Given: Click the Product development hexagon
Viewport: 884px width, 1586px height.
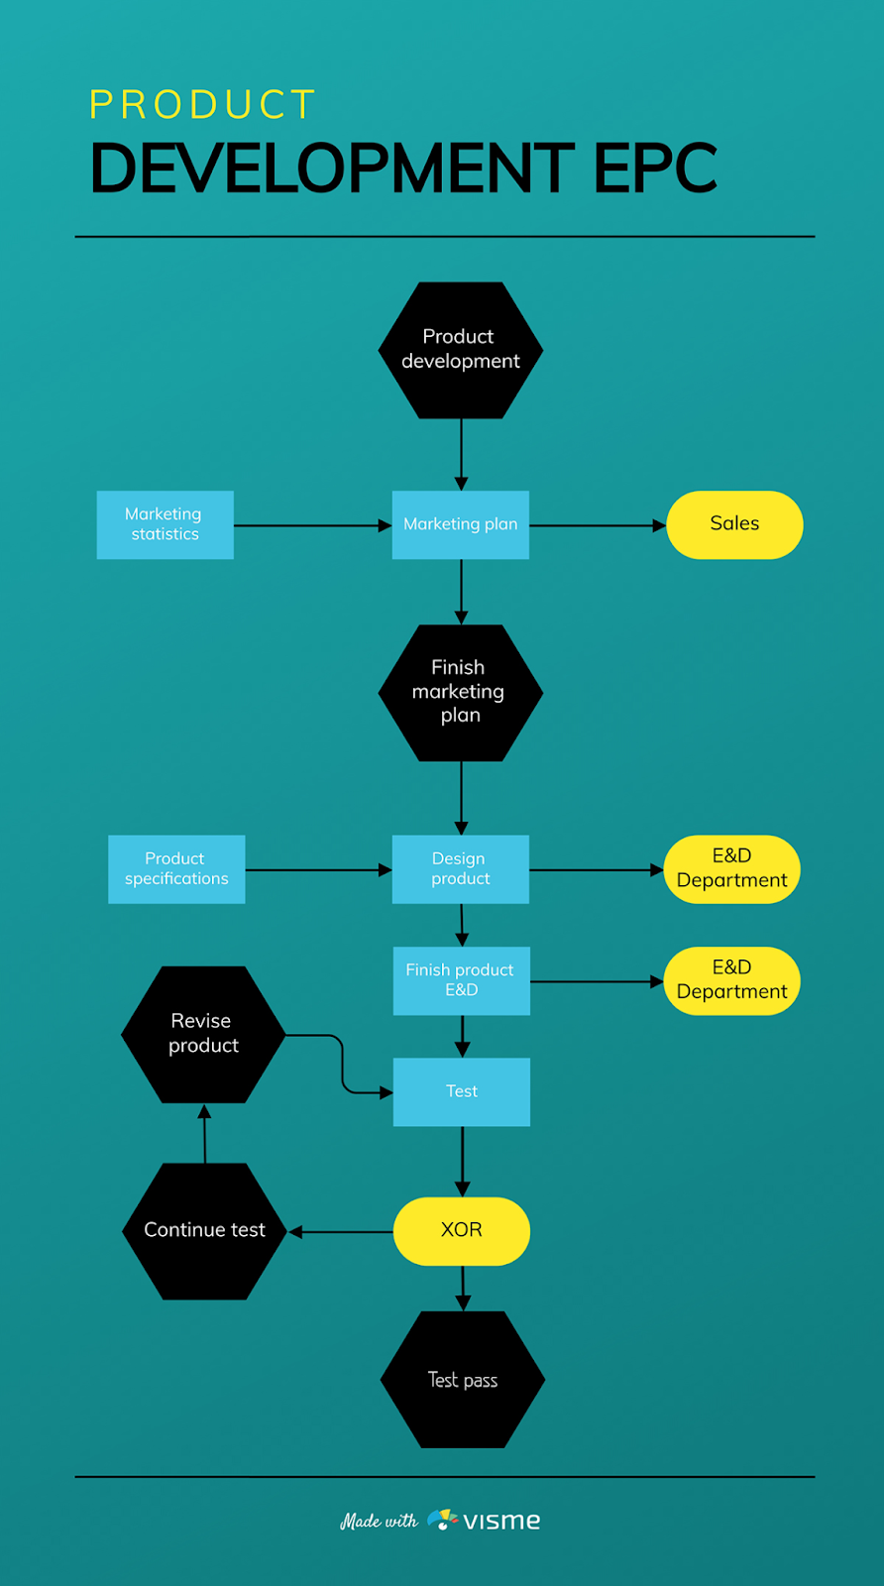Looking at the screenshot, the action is (x=461, y=350).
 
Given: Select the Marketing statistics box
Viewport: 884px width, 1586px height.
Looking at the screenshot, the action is (x=165, y=524).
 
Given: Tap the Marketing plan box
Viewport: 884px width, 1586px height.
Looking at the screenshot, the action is (x=461, y=524).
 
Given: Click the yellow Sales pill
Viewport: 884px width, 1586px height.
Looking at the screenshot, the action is (x=734, y=524).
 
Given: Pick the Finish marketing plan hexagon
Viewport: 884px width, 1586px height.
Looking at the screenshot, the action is (x=461, y=693).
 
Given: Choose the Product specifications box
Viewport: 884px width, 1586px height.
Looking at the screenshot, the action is (x=176, y=868).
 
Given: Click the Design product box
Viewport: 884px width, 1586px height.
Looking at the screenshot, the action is (x=461, y=868).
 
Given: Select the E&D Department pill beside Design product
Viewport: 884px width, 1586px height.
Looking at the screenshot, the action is (x=731, y=868).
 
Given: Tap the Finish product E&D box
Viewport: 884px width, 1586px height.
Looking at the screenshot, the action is (x=462, y=980).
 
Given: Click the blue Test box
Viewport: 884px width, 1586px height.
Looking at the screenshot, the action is (x=462, y=1091).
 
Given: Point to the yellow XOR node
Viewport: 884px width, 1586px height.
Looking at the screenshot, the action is (x=462, y=1231).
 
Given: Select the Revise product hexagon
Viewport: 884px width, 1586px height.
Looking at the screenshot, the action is (x=203, y=1035).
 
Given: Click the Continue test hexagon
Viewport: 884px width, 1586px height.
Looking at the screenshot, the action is (x=204, y=1231).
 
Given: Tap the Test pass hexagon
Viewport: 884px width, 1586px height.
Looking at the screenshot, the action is (x=463, y=1379).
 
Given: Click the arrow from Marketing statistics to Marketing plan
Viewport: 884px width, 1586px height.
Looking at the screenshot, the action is (x=313, y=525).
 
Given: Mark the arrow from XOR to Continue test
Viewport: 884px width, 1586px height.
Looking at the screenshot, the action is (x=341, y=1232).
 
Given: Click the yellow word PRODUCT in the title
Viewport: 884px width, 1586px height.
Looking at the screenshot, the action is (x=202, y=105).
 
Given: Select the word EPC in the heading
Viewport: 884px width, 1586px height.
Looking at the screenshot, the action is (x=655, y=168).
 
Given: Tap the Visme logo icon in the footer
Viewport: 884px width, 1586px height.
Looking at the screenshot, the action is (x=442, y=1520).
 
